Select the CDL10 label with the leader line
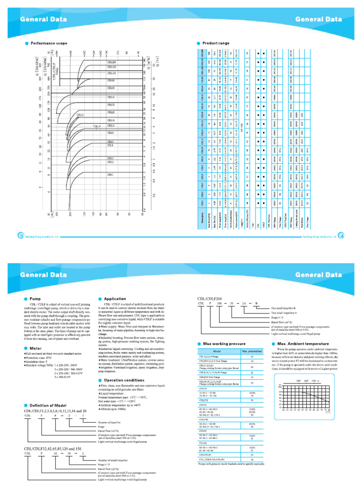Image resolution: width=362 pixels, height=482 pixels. coord(97,127)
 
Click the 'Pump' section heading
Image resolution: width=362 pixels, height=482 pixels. coord(35,298)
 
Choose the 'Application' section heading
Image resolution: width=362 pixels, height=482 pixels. coord(114,298)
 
